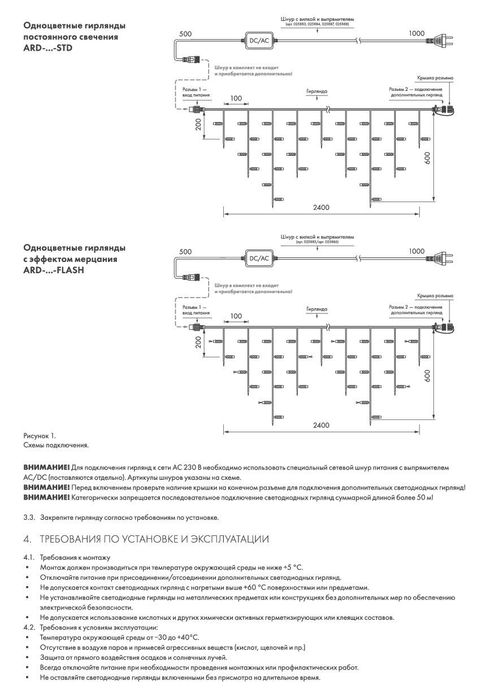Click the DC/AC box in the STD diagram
pyautogui.click(x=259, y=40)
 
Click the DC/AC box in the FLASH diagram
pyautogui.click(x=259, y=258)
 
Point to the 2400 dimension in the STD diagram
pyautogui.click(x=321, y=208)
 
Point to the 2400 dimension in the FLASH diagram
pyautogui.click(x=321, y=426)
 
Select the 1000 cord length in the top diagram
pyautogui.click(x=416, y=34)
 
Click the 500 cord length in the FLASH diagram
pyautogui.click(x=185, y=252)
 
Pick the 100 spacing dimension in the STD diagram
pyautogui.click(x=236, y=99)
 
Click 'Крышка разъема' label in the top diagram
pyautogui.click(x=435, y=78)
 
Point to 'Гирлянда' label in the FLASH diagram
pyautogui.click(x=317, y=309)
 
